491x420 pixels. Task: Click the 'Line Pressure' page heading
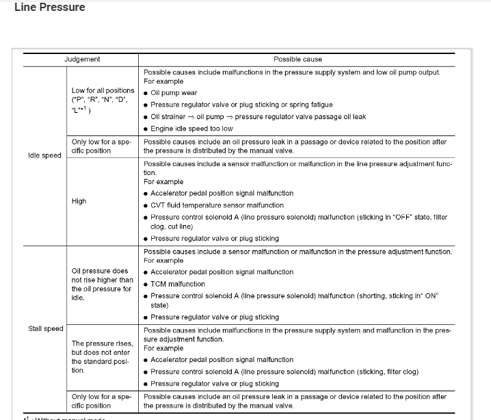(x=50, y=8)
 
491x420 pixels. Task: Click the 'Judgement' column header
(x=82, y=60)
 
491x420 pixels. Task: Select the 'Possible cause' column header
(x=297, y=60)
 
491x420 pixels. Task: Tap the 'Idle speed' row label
(x=44, y=155)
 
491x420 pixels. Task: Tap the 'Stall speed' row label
(x=46, y=328)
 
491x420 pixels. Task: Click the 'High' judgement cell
(x=79, y=201)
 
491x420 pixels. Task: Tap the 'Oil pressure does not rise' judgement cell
(x=103, y=284)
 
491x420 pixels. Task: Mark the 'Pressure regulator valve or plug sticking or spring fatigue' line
(x=241, y=105)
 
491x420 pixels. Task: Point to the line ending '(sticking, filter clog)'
(x=284, y=371)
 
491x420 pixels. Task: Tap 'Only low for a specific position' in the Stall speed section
(x=101, y=401)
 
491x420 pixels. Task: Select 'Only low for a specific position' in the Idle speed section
(x=101, y=146)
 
